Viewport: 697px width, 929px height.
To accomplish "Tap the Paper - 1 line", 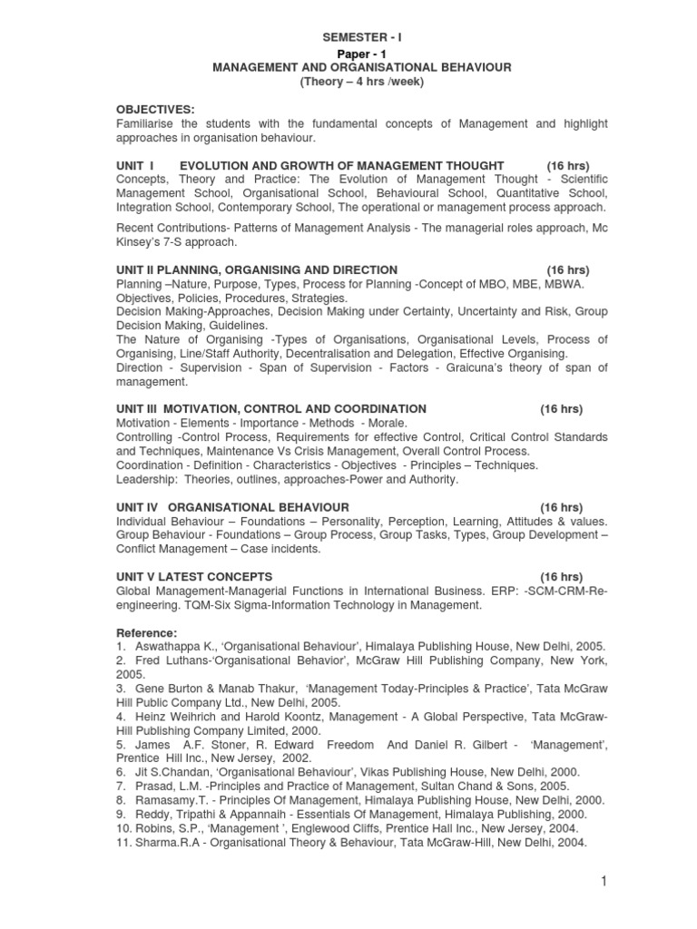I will (361, 54).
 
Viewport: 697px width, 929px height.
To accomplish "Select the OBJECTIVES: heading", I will (156, 110).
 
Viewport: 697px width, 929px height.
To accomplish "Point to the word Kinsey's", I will (139, 242).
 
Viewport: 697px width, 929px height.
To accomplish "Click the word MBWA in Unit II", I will (563, 284).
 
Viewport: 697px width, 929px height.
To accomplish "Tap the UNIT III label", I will (142, 409).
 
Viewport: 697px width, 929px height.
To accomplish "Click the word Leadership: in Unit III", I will (147, 479).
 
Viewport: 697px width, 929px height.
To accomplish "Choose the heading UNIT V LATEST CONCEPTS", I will (194, 577).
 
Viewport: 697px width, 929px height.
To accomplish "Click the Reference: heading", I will (147, 632).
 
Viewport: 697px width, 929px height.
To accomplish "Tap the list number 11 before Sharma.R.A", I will (123, 842).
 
